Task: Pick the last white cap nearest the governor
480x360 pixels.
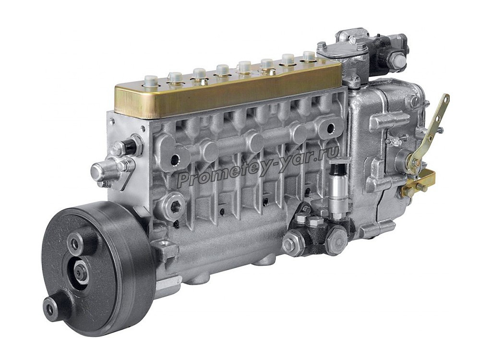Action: (x=309, y=57)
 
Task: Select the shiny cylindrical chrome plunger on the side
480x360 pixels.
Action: (x=339, y=190)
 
